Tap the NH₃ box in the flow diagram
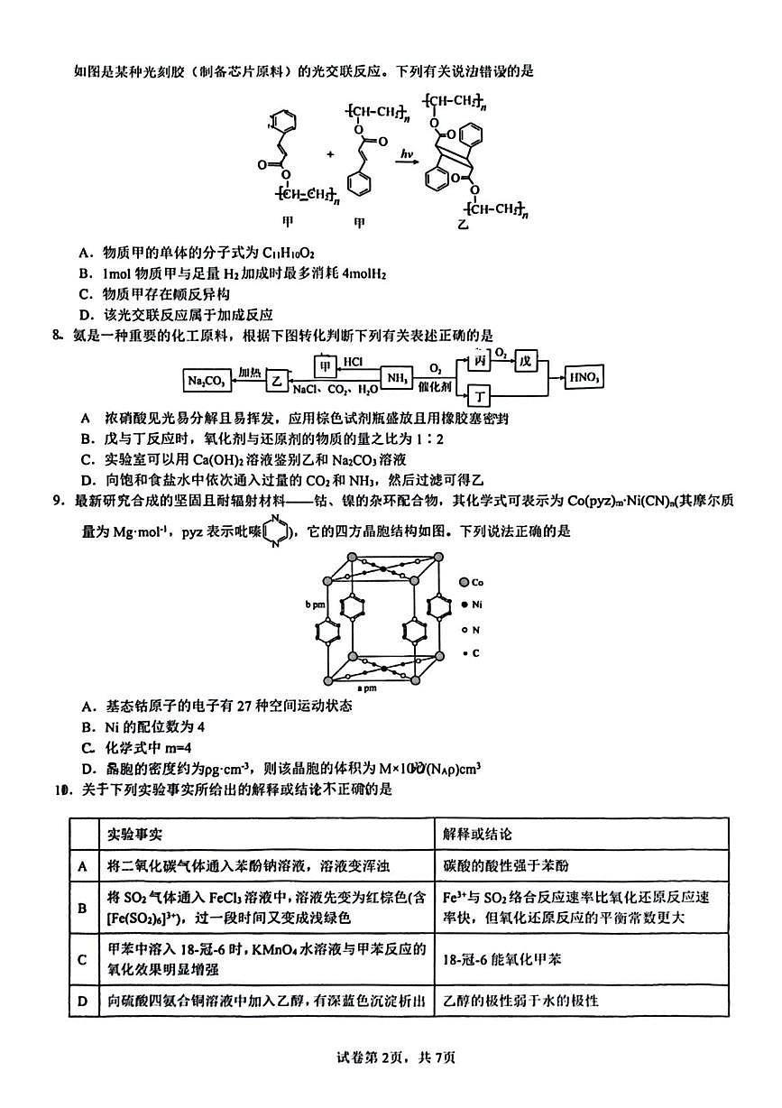click(396, 378)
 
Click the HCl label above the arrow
click(353, 362)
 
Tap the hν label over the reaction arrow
click(407, 156)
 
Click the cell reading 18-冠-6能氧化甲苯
click(502, 959)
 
